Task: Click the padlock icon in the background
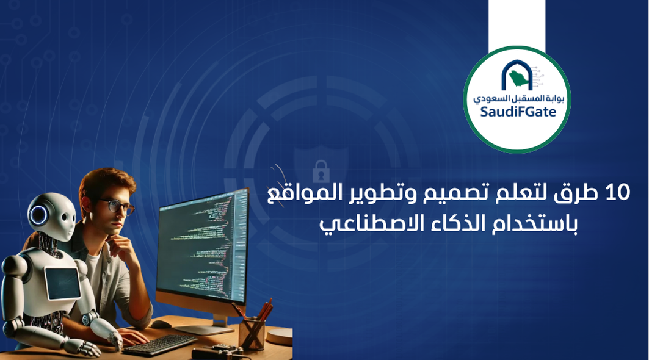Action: click(321, 172)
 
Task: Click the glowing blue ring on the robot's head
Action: click(38, 215)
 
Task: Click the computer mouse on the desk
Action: click(161, 324)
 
